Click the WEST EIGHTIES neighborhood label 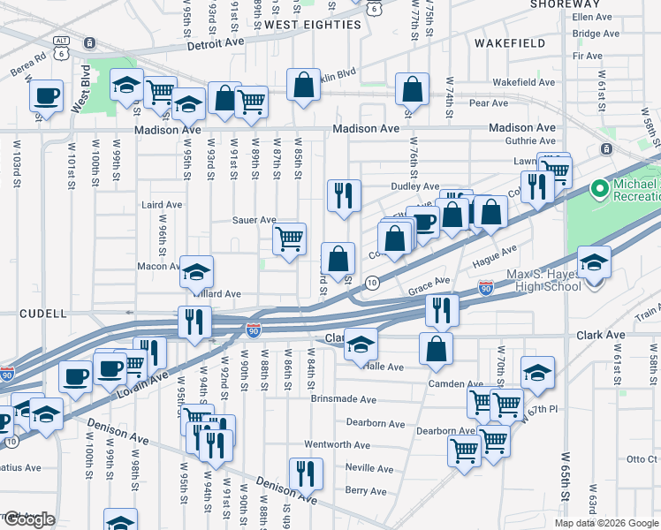click(312, 25)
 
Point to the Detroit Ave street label click(212, 42)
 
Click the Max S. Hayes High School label click(558, 280)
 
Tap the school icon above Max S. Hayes click(594, 261)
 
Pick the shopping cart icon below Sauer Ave click(289, 238)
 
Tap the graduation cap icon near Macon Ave click(197, 271)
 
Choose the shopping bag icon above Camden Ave click(436, 349)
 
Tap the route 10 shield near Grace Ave click(373, 283)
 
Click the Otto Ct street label click(642, 458)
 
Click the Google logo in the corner click(29, 519)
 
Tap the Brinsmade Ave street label click(344, 399)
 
